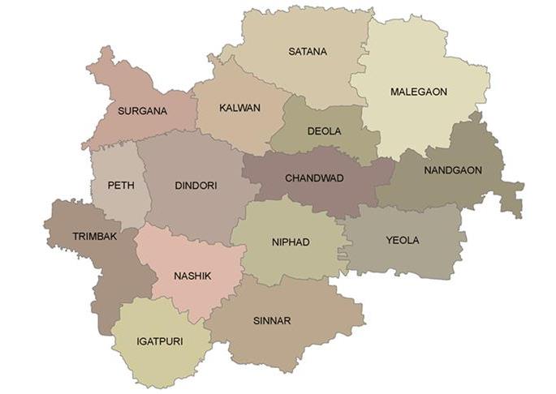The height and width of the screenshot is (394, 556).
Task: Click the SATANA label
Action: click(x=308, y=52)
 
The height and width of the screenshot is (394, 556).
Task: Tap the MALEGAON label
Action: click(x=419, y=92)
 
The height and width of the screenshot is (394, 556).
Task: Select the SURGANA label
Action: click(x=142, y=111)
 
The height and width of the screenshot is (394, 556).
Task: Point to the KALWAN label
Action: click(x=240, y=108)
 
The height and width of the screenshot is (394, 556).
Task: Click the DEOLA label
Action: click(x=324, y=131)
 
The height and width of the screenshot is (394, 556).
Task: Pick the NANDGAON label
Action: click(x=453, y=170)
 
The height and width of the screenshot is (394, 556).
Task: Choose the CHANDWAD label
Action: click(x=314, y=178)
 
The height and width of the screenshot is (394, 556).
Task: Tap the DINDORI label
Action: click(x=196, y=186)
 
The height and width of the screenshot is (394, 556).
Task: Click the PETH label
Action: click(x=120, y=185)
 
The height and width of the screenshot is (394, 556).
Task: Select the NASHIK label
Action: click(x=192, y=276)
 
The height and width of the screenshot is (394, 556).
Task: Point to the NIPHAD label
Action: click(x=290, y=242)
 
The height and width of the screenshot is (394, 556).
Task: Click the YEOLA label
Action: click(x=403, y=241)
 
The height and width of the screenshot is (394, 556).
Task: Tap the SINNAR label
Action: click(x=271, y=321)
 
